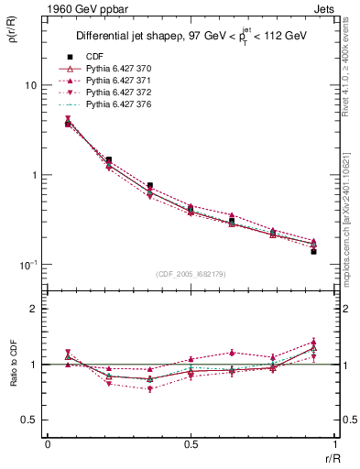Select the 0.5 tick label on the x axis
point(191,443)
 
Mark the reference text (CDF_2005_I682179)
point(191,274)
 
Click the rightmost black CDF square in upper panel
point(313,251)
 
